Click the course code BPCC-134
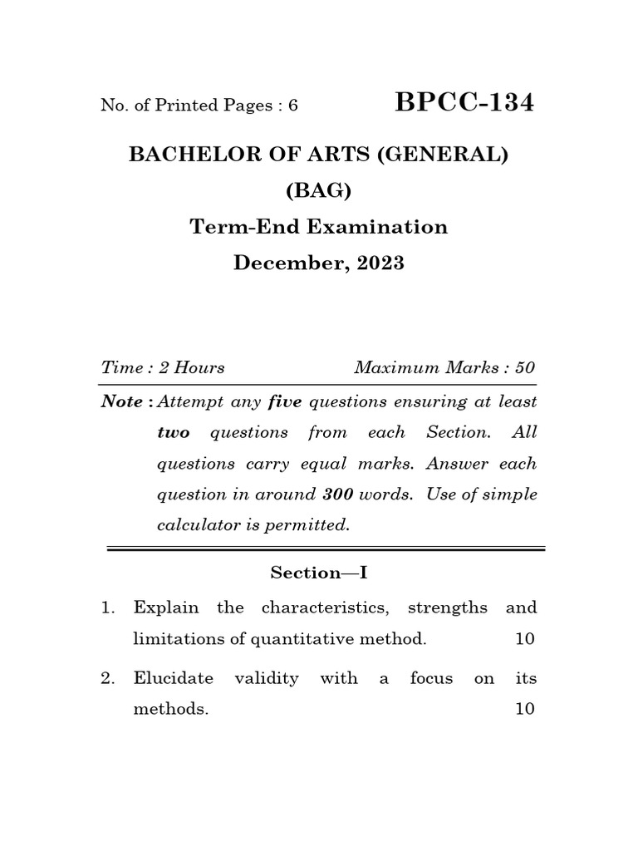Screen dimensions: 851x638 [465, 103]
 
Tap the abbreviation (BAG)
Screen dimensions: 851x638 [318, 190]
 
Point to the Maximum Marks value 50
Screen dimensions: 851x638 [525, 367]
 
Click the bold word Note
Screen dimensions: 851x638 [122, 402]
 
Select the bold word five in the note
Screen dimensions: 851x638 [284, 402]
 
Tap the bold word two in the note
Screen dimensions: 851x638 [174, 433]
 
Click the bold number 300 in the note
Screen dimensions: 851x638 [338, 494]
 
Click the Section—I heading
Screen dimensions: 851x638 [318, 573]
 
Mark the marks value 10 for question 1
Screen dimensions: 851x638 [525, 639]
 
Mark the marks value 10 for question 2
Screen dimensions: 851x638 [525, 710]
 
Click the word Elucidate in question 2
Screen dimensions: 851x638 [174, 678]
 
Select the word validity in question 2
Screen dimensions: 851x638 [266, 678]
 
